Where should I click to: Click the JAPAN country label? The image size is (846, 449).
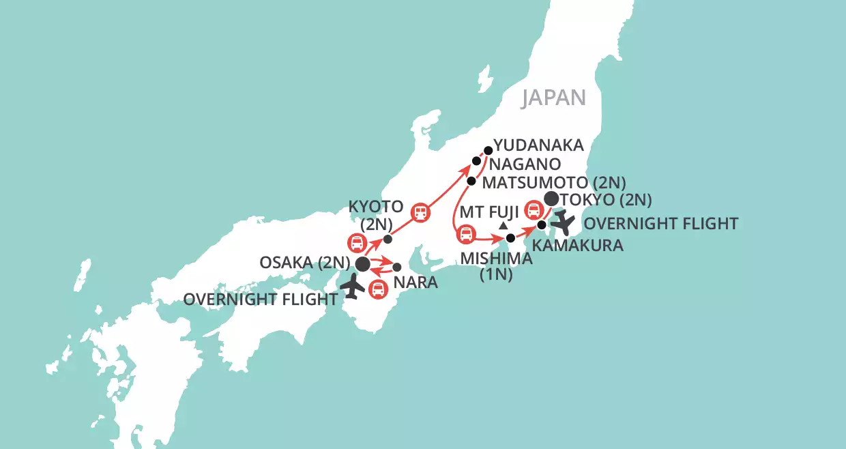point(554,98)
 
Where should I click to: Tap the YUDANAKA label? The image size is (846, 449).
point(539,145)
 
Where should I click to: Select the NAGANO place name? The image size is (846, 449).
point(523,164)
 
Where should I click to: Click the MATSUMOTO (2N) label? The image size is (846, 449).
point(553,182)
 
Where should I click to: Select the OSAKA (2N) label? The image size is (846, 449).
point(305,263)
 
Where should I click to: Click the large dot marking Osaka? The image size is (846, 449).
point(363,263)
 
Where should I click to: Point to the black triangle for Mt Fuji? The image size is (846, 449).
point(504,225)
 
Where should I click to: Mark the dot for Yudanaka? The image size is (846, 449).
point(488,149)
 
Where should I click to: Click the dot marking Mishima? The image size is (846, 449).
point(510,239)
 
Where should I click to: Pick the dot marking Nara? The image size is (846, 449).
point(397,267)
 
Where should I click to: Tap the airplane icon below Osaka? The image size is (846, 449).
point(353,287)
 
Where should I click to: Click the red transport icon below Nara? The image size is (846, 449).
point(377,289)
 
